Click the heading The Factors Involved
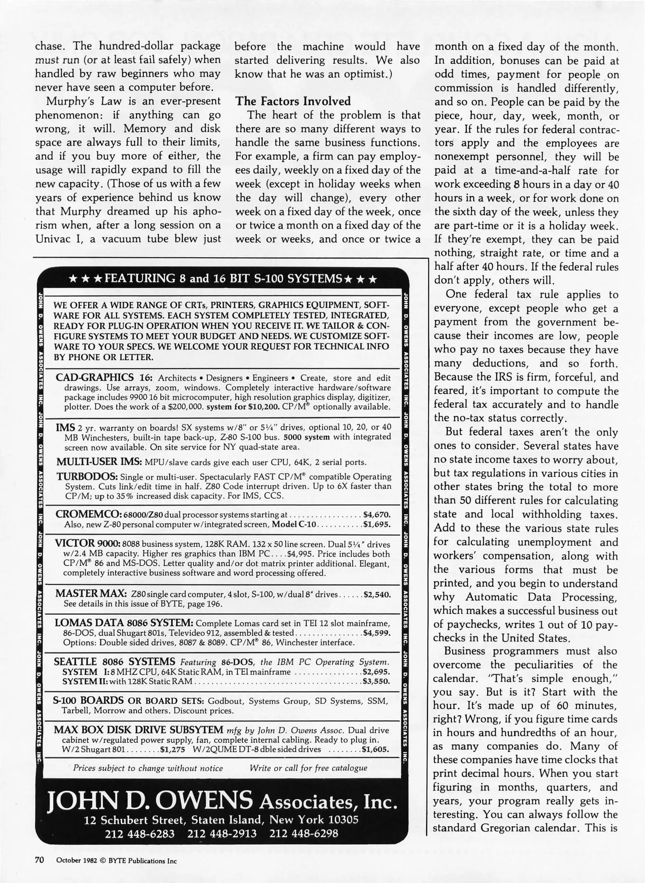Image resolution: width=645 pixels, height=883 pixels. coord(293,101)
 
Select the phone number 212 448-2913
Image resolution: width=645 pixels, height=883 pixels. coord(222,833)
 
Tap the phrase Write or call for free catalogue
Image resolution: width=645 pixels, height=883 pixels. coord(308,768)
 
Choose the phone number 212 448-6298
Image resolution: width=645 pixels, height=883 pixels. coord(303,833)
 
